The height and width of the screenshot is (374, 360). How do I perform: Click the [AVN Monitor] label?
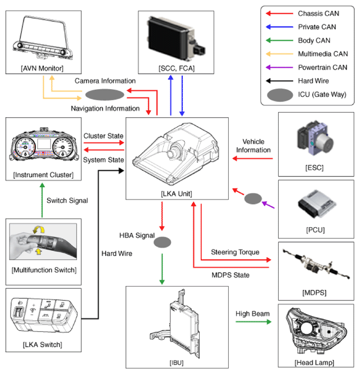(x=42, y=68)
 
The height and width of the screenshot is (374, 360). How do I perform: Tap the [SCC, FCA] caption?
(x=177, y=68)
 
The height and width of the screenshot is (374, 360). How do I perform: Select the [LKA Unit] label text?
(x=177, y=193)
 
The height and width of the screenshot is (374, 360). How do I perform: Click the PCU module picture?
(x=317, y=204)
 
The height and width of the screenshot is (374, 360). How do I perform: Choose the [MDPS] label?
(x=315, y=293)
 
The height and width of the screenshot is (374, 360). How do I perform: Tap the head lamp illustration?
(x=316, y=331)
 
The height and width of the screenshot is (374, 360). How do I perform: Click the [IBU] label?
(x=177, y=363)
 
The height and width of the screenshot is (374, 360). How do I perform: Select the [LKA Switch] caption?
(x=43, y=344)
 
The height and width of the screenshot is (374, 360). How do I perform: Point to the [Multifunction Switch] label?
(x=44, y=270)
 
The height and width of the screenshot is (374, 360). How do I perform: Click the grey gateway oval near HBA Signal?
(x=162, y=242)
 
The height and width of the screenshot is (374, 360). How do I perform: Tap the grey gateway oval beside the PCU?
(x=253, y=198)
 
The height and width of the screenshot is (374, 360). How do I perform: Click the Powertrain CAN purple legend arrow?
(x=279, y=67)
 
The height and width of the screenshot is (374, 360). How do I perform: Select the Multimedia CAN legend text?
(x=323, y=54)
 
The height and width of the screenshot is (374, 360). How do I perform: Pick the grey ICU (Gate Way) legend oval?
(x=280, y=95)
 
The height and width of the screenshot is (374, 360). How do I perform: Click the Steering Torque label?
(x=235, y=252)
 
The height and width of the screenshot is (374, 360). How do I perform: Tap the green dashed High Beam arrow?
(x=253, y=322)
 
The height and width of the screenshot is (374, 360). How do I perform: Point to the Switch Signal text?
(x=67, y=200)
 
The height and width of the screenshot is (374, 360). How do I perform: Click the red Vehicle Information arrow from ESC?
(x=253, y=158)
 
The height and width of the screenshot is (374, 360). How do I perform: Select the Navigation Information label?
(x=105, y=109)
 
